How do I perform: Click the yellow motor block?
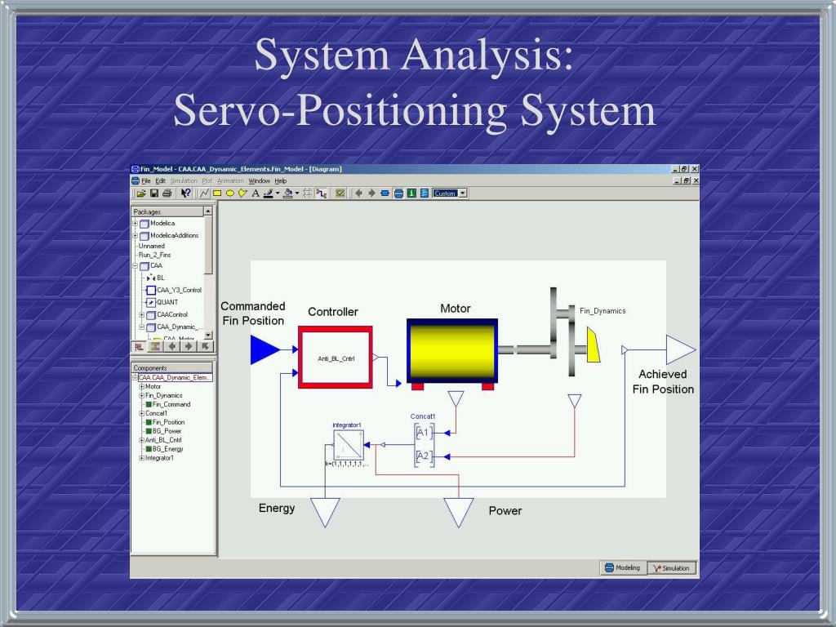452,351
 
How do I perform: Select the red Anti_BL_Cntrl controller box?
335,358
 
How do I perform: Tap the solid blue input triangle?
264,350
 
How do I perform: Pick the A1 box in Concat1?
423,434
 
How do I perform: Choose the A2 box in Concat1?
423,456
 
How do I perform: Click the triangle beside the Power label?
459,510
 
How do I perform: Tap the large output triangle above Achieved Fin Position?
679,349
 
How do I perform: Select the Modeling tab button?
622,567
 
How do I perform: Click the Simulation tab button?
672,567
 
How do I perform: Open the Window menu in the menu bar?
260,180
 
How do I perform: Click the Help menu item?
280,180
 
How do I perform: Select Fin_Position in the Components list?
168,422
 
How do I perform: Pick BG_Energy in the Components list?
167,449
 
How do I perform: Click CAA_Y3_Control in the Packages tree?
179,290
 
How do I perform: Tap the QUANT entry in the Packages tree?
167,302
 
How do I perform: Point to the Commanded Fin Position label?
253,313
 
